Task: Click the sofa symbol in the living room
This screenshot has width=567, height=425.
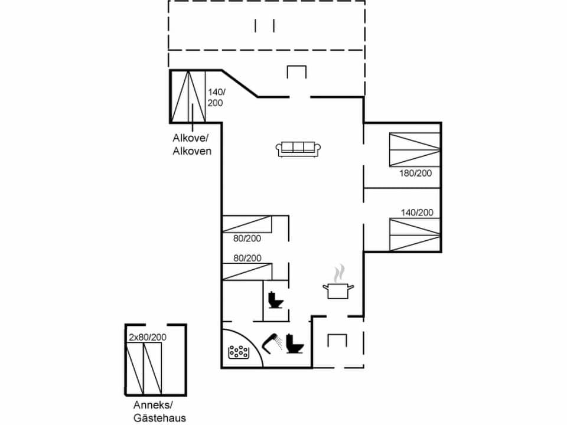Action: point(298,149)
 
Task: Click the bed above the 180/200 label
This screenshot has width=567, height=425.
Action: point(415,150)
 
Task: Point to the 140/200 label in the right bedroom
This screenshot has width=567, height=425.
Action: point(417,212)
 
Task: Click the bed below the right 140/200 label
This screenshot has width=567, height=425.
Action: point(415,235)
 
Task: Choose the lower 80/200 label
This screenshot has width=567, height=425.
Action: point(247,258)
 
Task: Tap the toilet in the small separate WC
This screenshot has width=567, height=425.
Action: point(275,300)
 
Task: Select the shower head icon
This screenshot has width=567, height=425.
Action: point(273,342)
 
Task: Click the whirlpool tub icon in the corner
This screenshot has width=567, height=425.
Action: point(239,352)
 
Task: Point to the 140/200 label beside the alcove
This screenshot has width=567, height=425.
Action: point(215,97)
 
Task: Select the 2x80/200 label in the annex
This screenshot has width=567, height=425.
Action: point(147,337)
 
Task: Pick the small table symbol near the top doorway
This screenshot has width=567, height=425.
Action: point(296,72)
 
